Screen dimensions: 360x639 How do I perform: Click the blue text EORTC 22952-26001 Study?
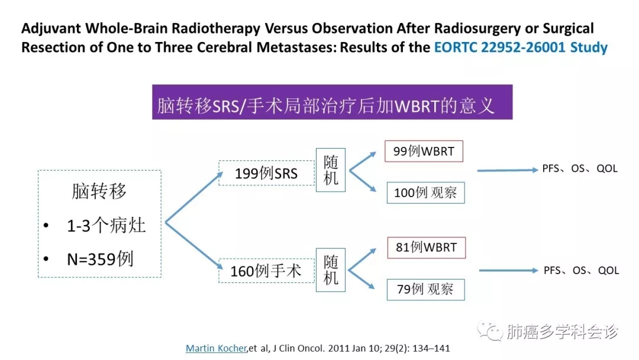coord(521,47)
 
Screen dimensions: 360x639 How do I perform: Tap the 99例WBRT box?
coord(424,151)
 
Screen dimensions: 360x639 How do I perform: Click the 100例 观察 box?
coord(425,192)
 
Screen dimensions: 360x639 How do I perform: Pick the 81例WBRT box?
coord(426,247)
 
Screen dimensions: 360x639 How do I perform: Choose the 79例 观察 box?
coord(425,289)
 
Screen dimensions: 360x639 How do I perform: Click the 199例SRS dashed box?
coord(266,173)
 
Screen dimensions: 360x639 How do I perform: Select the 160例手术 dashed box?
coord(266,271)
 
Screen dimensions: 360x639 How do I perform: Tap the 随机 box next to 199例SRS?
coord(331,169)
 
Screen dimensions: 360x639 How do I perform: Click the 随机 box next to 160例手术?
coord(331,269)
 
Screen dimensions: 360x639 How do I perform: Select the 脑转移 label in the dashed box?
coord(99,191)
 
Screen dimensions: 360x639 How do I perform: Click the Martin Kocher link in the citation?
coord(215,348)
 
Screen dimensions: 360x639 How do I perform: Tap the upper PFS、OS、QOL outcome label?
coord(580,169)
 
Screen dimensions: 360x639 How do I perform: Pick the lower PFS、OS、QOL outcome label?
coord(581,271)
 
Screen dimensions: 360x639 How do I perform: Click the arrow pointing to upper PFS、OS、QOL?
coord(506,170)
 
